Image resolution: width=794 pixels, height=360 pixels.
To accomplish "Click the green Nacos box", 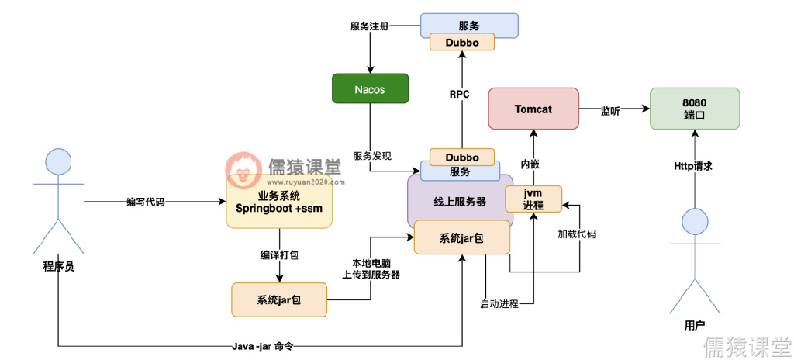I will [369, 88].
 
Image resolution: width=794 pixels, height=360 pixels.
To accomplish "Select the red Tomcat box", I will [533, 109].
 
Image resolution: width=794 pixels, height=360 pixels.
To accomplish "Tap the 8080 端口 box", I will [694, 109].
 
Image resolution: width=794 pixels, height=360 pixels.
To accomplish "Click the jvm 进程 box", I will [533, 199].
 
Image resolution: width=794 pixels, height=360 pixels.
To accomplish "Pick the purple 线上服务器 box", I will [460, 201].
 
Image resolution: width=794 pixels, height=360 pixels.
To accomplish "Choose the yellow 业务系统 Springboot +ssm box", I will [278, 201].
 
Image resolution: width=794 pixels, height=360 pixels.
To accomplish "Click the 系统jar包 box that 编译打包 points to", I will [279, 299].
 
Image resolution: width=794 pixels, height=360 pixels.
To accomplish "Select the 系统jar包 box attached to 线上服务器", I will [461, 237].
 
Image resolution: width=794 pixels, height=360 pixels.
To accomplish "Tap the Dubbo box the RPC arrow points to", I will [462, 42].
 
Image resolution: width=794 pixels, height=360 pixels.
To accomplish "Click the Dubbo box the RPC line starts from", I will [462, 157].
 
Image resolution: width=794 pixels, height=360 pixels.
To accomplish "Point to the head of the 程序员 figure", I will [58, 162].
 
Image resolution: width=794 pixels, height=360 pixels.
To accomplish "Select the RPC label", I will [460, 95].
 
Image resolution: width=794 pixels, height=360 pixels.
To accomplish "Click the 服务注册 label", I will [369, 26].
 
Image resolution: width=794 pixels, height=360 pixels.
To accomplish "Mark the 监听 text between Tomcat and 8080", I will [610, 111].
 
